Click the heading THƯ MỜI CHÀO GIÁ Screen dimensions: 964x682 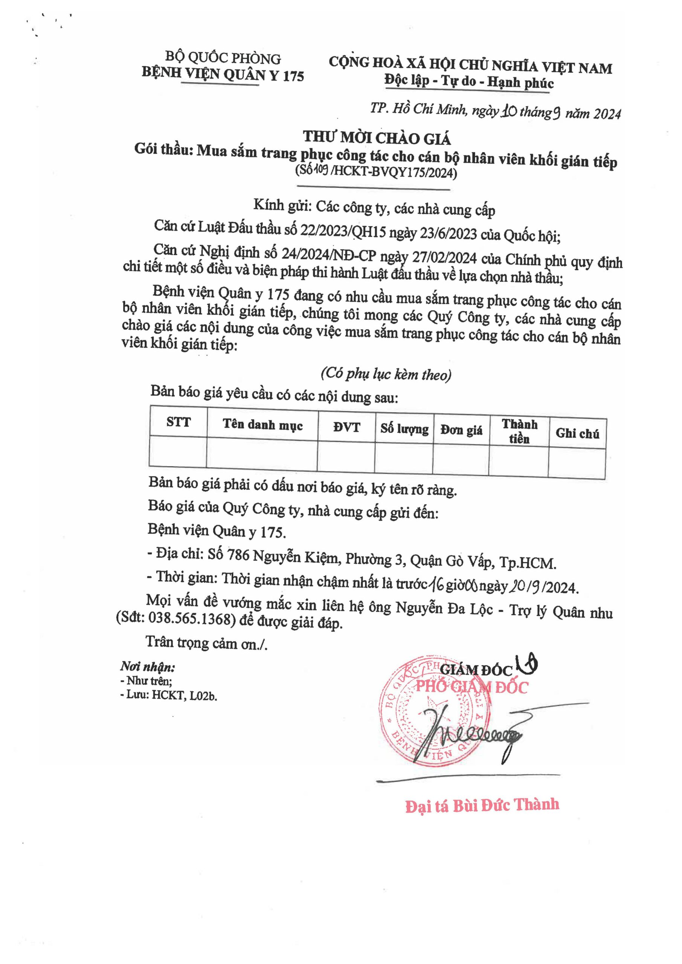coord(377,138)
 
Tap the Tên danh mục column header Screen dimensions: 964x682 coord(262,425)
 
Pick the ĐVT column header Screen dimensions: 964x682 coord(346,427)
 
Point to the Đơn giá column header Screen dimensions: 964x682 coord(461,430)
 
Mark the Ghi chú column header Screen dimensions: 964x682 coord(577,434)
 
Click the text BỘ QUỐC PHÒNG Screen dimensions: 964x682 coord(223,58)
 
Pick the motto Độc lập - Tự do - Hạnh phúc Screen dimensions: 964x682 coord(469,81)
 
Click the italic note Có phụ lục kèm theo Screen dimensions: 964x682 coord(386,374)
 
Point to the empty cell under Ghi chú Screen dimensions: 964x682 coord(576,463)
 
